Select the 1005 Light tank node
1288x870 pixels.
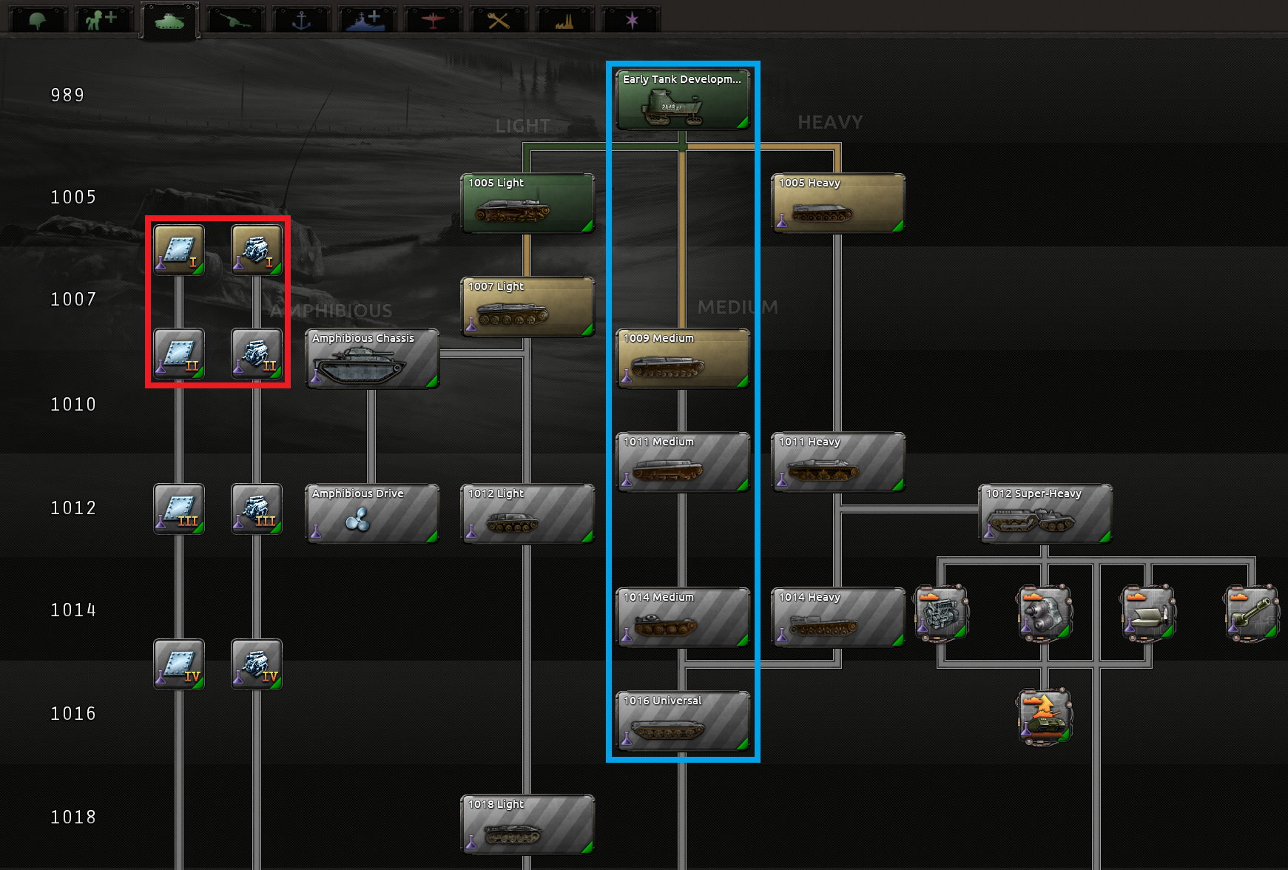tap(527, 203)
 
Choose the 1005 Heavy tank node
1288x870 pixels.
tap(837, 203)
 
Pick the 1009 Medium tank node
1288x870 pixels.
tap(682, 358)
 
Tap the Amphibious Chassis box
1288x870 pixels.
tap(371, 358)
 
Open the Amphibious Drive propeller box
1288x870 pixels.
tap(371, 513)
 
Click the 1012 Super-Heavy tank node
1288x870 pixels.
tap(1045, 513)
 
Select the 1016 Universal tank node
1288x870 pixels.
tap(682, 721)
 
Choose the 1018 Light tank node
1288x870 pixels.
tap(527, 824)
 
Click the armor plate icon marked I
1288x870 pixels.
tap(179, 250)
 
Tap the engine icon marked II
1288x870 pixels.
tap(257, 354)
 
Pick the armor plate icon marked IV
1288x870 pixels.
tap(179, 664)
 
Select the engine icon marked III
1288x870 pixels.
tap(257, 509)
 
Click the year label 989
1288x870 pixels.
tap(67, 95)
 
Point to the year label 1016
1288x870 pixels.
tap(73, 714)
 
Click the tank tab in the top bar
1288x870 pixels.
tap(169, 20)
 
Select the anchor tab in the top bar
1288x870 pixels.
tap(301, 20)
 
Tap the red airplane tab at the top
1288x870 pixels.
tap(433, 20)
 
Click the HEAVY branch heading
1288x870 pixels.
tap(830, 122)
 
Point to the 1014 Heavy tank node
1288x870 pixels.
tap(837, 617)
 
